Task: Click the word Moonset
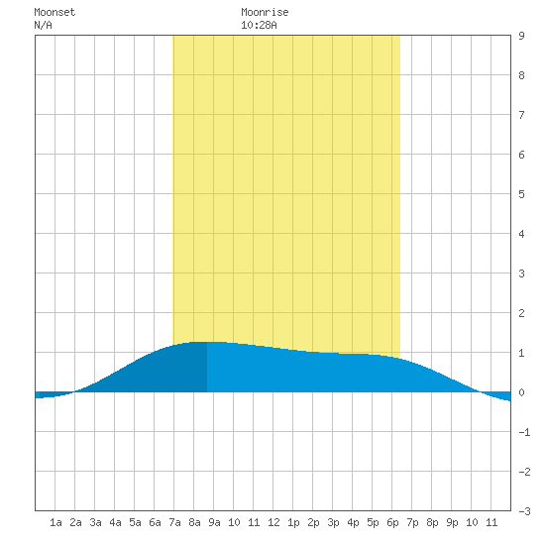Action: click(x=54, y=12)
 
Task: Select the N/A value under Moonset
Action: click(x=43, y=25)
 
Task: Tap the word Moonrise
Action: click(x=265, y=12)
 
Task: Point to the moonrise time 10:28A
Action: click(x=259, y=25)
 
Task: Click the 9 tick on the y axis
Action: click(x=521, y=36)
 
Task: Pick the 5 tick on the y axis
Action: click(x=521, y=194)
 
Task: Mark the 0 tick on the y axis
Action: click(x=521, y=392)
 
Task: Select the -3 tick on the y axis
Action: click(x=524, y=511)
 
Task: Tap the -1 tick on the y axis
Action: click(x=524, y=432)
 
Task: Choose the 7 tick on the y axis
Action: click(x=521, y=115)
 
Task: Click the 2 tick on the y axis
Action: click(x=521, y=313)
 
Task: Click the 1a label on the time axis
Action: click(x=55, y=522)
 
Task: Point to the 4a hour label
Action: click(x=115, y=522)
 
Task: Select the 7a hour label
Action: click(x=174, y=522)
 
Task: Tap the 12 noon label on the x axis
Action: click(x=273, y=522)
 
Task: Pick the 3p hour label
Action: click(x=333, y=522)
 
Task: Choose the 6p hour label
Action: click(x=392, y=522)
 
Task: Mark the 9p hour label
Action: click(x=452, y=522)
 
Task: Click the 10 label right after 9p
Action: click(x=472, y=522)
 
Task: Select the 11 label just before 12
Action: click(x=254, y=522)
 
